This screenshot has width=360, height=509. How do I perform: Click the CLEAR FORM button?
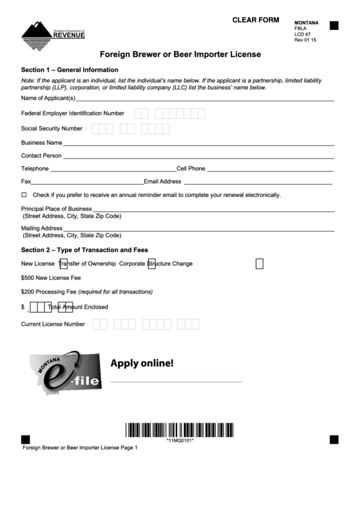255,20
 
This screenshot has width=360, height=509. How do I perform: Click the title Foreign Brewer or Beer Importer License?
181,54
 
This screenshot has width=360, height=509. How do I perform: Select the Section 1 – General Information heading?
70,70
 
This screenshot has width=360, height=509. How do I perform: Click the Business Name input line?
198,143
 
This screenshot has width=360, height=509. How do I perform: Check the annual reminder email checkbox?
24,194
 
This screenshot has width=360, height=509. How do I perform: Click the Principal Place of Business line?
213,209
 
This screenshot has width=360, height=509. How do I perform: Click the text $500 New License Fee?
51,278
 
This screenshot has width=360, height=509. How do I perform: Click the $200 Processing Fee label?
87,292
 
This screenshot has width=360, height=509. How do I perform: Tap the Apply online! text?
142,363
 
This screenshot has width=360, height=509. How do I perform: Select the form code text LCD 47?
302,34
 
